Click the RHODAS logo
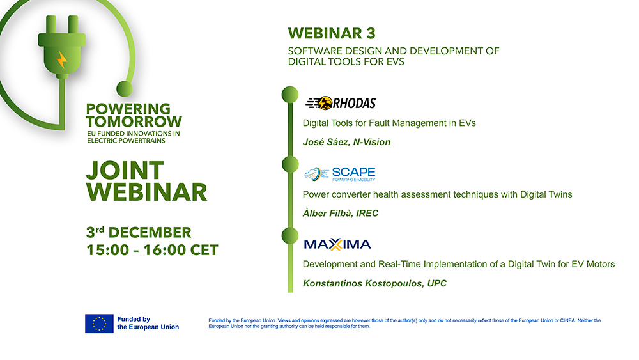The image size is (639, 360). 341,103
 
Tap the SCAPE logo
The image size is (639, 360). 339,174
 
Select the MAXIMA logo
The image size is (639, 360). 337,244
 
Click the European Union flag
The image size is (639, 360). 99,324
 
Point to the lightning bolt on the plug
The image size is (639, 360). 61,60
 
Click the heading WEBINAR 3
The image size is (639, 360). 332,33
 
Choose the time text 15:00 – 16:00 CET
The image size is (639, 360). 152,249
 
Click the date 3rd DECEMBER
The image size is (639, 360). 139,231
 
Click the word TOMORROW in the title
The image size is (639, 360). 134,121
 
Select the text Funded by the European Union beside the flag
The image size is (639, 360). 148,323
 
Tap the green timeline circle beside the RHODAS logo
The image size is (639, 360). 290,94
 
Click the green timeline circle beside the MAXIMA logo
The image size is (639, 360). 290,236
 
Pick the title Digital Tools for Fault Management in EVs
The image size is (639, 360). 389,123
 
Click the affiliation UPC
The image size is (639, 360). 437,283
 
